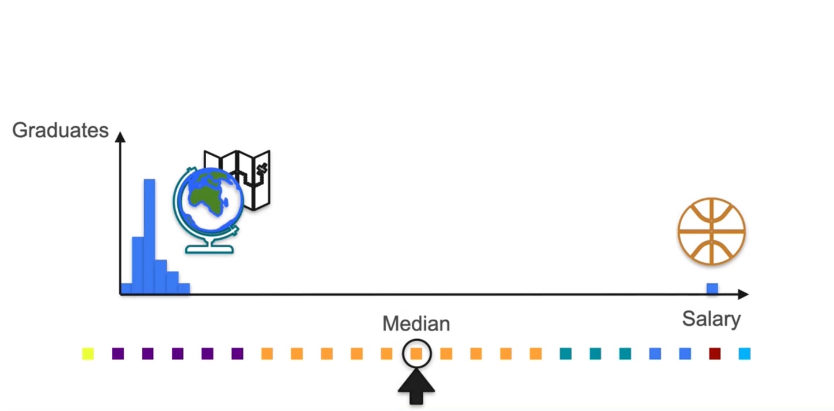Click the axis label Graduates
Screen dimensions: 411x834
(x=60, y=130)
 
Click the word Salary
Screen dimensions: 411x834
(x=711, y=319)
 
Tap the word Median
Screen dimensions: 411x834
(x=416, y=324)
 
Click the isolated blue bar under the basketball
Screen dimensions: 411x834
(x=712, y=288)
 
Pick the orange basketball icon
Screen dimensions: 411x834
(x=712, y=232)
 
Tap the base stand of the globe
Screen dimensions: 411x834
(x=209, y=249)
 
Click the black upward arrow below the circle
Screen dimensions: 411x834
(x=416, y=388)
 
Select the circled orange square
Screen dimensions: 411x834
(x=416, y=353)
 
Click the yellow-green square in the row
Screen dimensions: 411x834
(x=88, y=353)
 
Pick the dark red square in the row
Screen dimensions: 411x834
(x=715, y=353)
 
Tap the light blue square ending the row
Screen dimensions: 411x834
(x=745, y=353)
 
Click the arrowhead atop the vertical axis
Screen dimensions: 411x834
(x=120, y=137)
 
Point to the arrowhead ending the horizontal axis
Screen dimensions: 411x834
(x=743, y=295)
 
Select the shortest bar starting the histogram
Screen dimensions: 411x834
(x=126, y=289)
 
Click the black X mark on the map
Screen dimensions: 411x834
(x=262, y=169)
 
